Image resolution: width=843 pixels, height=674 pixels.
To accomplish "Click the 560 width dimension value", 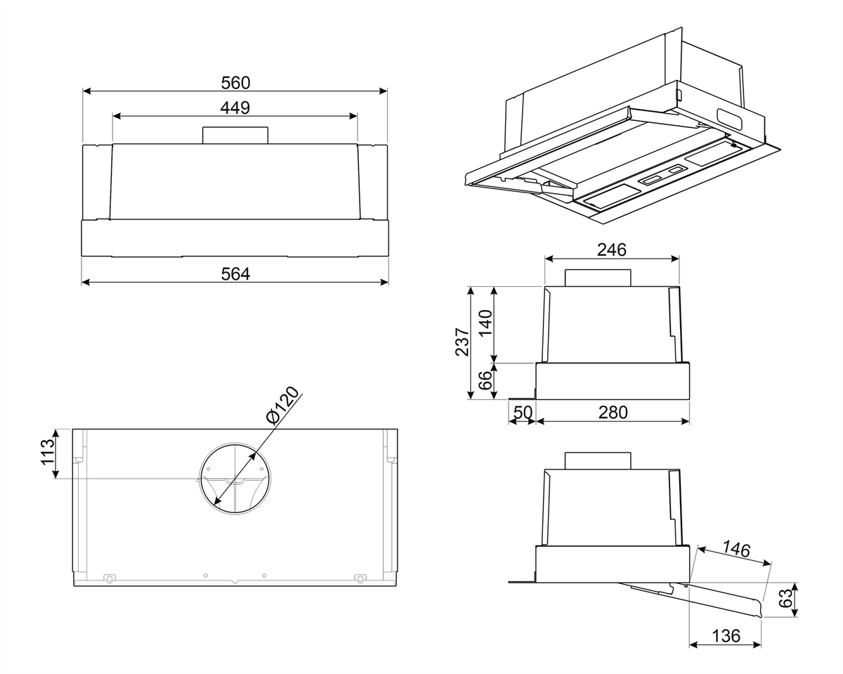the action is pos(235,83).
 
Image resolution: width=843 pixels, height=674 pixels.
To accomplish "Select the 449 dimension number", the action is pos(235,108).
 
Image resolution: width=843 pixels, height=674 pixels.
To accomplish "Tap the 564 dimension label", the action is pos(235,274).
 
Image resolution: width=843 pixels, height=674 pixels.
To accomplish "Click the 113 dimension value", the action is pos(47,452).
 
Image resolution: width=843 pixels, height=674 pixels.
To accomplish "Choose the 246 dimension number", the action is pos(611,249).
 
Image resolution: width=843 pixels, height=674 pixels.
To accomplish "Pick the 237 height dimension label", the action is pos(462,342).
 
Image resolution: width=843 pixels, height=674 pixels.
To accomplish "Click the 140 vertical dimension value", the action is pos(485,323).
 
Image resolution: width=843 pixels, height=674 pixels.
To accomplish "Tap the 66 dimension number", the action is pos(485,380).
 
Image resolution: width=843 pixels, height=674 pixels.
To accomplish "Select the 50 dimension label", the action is pos(523,413).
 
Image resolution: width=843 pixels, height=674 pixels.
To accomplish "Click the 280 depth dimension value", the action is pos(613,413).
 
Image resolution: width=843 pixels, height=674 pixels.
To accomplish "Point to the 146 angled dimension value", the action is pos(736,549).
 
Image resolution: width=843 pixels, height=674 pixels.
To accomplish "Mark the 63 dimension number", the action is pos(785,598).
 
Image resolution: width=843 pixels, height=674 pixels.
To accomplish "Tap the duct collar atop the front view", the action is pos(235,135).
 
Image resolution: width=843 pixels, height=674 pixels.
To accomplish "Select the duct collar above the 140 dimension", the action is pos(598,278).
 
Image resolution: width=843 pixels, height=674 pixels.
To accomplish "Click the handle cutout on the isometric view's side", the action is pos(729,119).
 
